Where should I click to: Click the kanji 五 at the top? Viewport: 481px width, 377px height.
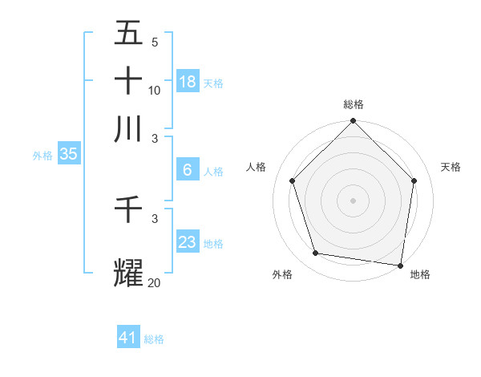click(x=128, y=33)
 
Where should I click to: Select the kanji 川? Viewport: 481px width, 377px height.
click(x=128, y=128)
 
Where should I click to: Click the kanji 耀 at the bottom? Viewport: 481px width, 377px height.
click(x=128, y=273)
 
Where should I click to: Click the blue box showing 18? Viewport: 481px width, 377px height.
click(x=188, y=82)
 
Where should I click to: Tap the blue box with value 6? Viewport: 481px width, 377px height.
click(x=188, y=170)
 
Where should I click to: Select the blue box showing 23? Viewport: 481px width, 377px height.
click(x=188, y=241)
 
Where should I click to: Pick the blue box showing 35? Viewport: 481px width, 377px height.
click(x=68, y=155)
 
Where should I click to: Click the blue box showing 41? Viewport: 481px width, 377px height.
click(x=128, y=338)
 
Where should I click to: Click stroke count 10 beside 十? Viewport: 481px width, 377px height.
click(x=155, y=90)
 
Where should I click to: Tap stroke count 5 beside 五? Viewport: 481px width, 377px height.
click(x=155, y=43)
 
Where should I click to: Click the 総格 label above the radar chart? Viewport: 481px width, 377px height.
click(x=354, y=104)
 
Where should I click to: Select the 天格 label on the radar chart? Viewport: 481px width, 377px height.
click(x=451, y=167)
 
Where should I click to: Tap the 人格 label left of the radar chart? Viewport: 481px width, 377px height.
click(x=257, y=167)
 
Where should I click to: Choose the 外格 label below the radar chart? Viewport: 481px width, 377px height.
click(x=282, y=274)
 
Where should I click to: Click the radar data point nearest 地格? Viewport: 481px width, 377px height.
click(x=401, y=265)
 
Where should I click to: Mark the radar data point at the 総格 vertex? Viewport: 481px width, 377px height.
click(x=354, y=122)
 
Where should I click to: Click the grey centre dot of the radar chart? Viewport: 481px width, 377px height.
click(x=354, y=200)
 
